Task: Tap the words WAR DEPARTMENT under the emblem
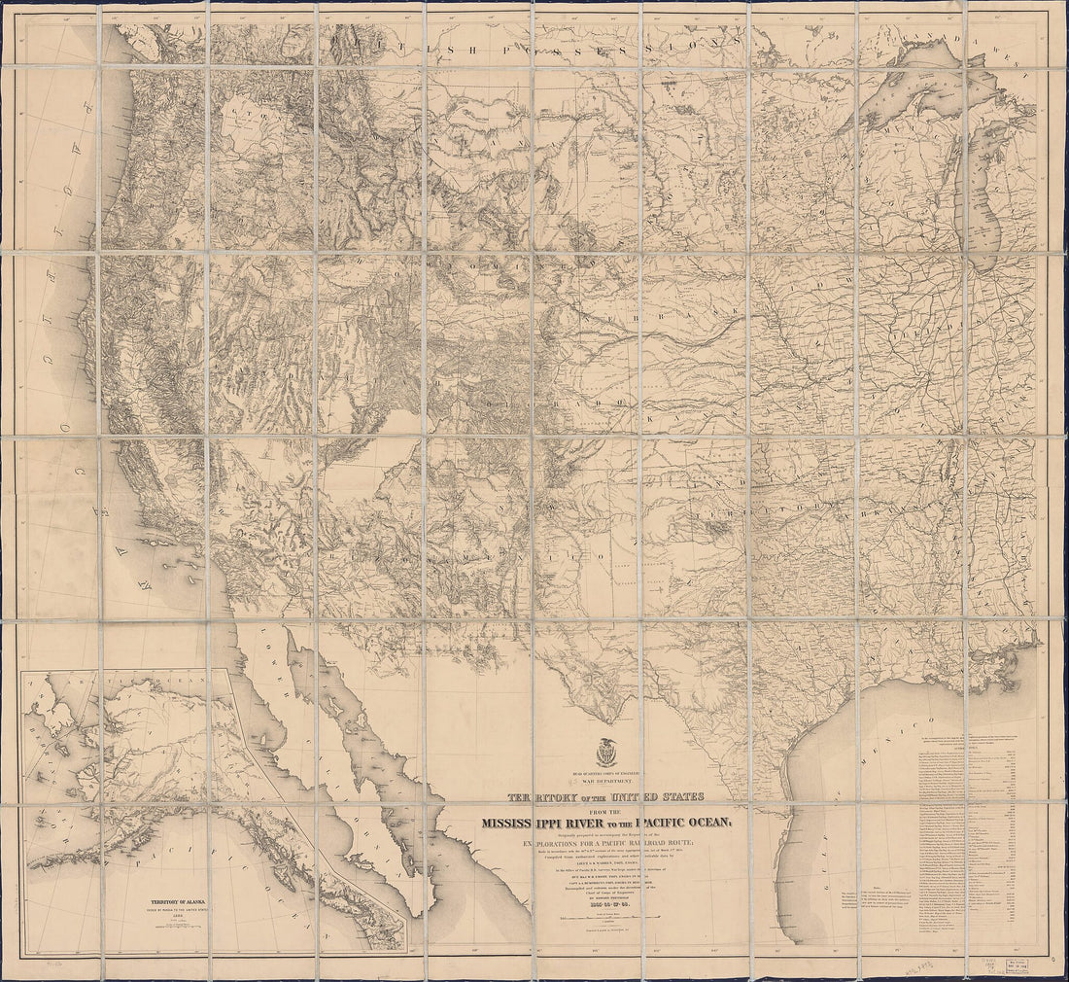[612, 781]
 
